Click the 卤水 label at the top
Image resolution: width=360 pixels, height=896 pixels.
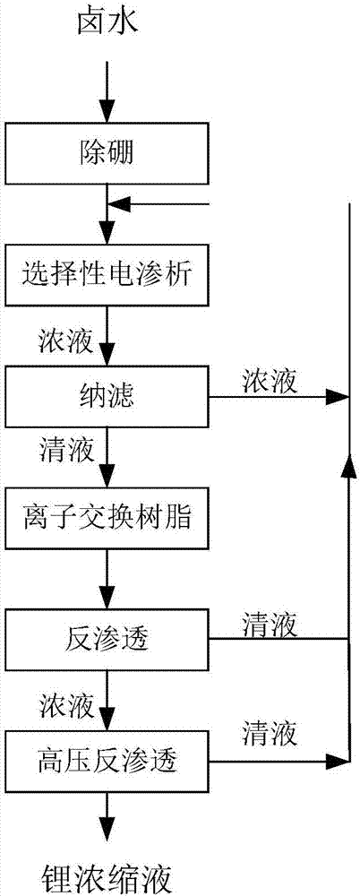[x=107, y=27]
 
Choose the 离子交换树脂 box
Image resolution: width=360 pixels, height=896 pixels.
[x=107, y=518]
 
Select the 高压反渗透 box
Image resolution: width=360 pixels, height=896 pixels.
[x=107, y=762]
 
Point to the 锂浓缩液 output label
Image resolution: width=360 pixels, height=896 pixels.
[x=107, y=872]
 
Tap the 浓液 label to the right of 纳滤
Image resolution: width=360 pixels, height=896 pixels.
[x=271, y=380]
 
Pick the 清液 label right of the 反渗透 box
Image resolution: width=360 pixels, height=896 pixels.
[x=271, y=621]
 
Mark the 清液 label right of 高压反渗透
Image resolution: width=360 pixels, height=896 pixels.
[x=271, y=736]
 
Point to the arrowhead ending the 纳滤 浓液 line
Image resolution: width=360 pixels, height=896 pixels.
[x=340, y=396]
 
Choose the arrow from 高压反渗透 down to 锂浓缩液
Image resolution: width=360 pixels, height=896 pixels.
[x=107, y=814]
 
